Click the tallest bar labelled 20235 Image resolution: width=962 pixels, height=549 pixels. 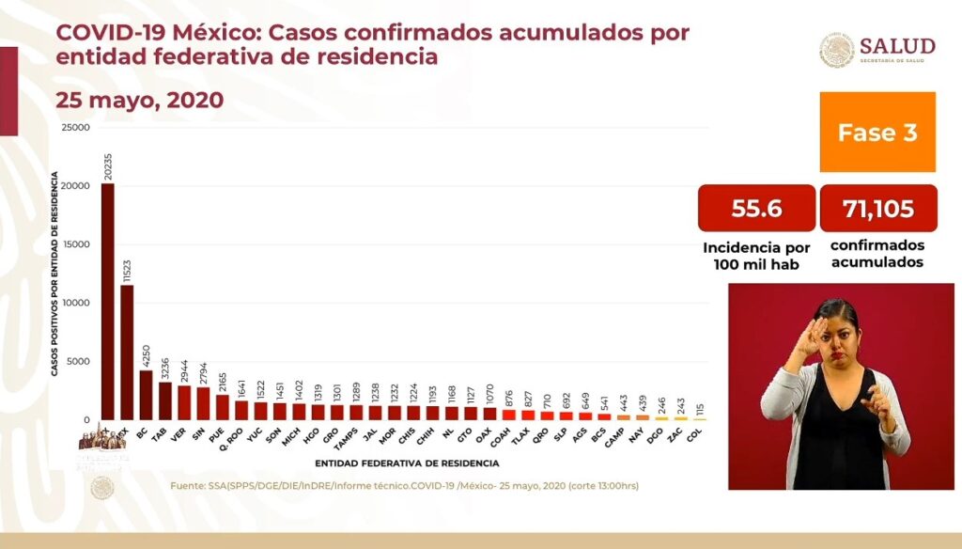[x=108, y=301]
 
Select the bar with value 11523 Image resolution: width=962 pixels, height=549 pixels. [x=127, y=353]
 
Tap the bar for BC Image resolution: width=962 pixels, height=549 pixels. [x=146, y=395]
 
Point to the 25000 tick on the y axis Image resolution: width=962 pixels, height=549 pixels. [x=75, y=127]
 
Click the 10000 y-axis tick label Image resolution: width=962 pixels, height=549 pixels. [x=75, y=303]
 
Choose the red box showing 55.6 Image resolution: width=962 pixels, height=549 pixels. [x=756, y=208]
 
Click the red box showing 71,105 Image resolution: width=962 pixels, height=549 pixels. [x=878, y=208]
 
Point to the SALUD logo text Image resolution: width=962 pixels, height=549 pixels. [x=897, y=47]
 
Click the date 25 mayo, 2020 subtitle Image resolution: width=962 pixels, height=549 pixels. [x=140, y=100]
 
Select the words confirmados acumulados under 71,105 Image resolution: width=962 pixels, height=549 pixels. [x=877, y=253]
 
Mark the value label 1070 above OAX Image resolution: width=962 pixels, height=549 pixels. [x=489, y=395]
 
